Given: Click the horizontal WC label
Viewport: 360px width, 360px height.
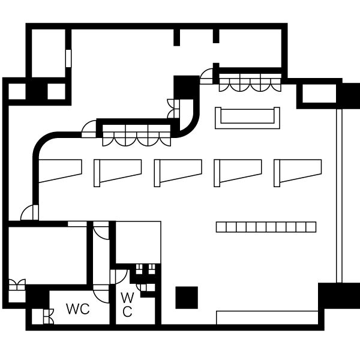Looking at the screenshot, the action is (78, 309).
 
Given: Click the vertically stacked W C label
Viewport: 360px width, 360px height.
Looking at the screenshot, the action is (127, 305).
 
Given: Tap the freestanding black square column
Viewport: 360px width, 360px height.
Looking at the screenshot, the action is (187, 298).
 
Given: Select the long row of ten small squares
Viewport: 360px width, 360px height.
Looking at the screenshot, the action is (266, 227).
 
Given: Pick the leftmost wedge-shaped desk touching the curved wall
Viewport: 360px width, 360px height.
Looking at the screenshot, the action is (60, 171).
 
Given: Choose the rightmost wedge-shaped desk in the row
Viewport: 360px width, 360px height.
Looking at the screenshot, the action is (298, 173).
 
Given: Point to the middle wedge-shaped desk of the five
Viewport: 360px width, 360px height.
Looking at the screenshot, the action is (178, 173).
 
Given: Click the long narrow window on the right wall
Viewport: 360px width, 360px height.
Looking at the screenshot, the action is (339, 196).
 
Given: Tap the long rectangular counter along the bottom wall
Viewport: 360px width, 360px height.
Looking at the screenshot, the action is (267, 318).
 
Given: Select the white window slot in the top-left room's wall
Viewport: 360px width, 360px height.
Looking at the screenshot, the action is (68, 58).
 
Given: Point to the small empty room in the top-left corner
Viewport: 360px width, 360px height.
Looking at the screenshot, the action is (49, 53).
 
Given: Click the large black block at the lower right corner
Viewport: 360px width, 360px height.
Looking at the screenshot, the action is (339, 296).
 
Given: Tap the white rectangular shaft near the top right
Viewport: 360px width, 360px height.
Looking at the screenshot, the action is (319, 94).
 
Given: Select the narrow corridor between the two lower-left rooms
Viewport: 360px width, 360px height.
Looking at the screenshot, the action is (101, 255).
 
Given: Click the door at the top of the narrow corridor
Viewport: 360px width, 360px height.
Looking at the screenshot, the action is (101, 230).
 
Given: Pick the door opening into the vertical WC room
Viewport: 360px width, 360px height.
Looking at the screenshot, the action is (119, 277).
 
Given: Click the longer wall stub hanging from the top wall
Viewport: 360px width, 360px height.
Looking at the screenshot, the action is (176, 37).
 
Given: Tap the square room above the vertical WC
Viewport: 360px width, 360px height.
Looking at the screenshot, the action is (138, 242).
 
